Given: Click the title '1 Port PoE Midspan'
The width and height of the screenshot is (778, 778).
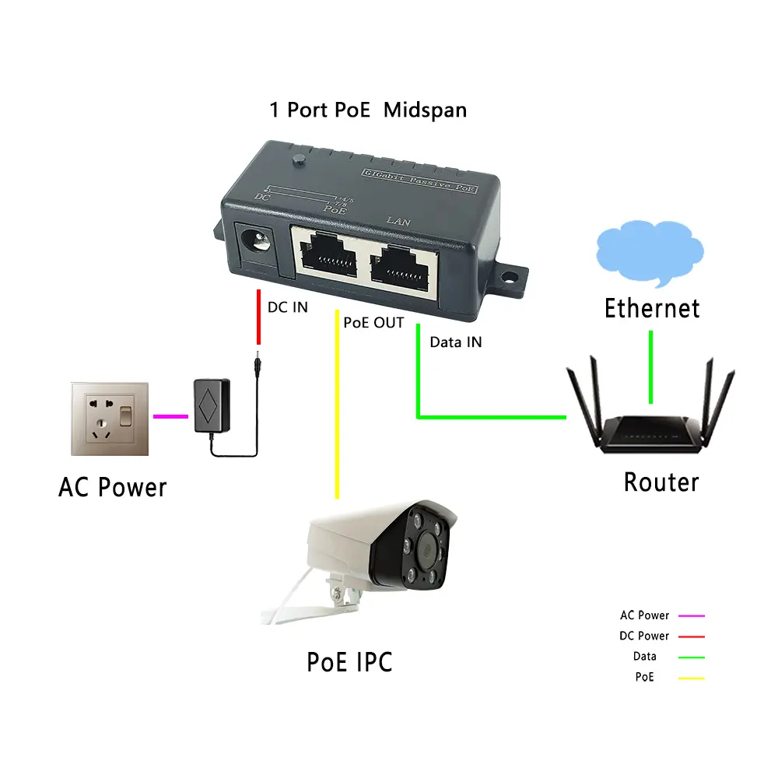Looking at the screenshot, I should [368, 110].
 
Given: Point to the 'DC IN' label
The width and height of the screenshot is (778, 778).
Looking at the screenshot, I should [288, 307].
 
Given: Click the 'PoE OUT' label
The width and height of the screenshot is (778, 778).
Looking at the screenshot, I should [373, 323].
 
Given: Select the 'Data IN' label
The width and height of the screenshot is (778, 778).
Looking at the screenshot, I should [456, 342].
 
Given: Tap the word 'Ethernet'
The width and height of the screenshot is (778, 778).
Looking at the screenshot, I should [652, 308].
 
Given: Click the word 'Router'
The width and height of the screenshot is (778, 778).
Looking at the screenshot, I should [661, 482].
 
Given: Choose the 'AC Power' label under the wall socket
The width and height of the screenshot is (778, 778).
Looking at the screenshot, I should [113, 488].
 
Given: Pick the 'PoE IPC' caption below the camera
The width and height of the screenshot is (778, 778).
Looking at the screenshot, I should [349, 661].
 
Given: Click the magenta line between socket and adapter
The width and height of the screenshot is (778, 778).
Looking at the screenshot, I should [170, 417].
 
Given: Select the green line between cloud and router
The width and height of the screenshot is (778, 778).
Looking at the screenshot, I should [650, 366].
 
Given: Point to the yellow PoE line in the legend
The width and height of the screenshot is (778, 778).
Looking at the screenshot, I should [691, 678].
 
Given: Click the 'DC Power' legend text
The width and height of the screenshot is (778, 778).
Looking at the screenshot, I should [644, 636].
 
